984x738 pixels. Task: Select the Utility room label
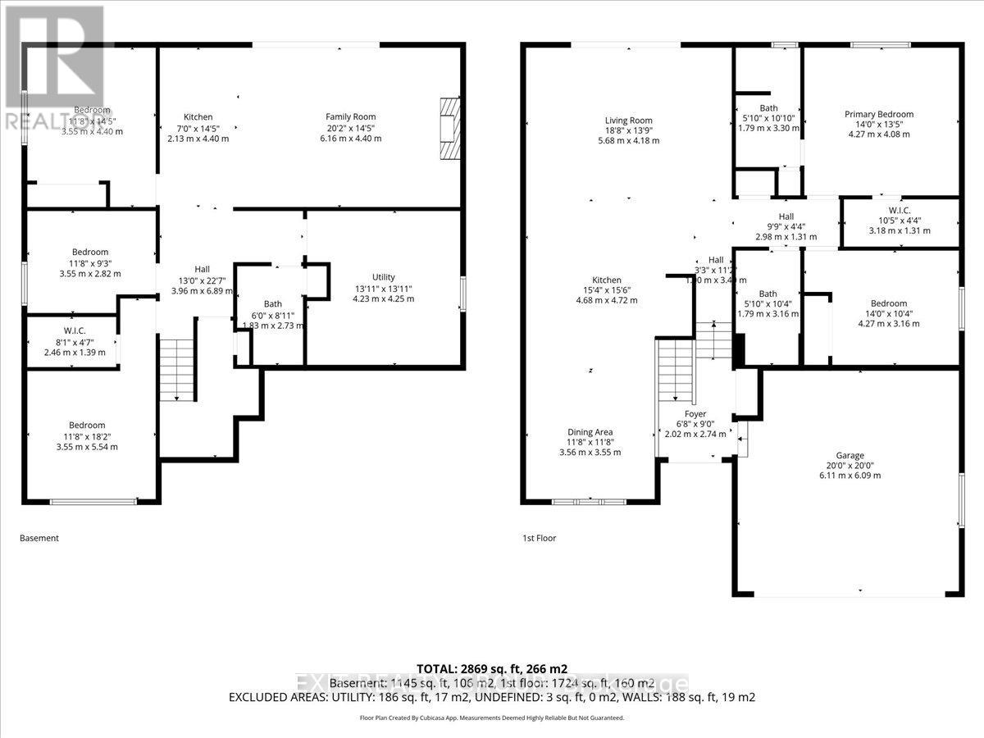click(383, 288)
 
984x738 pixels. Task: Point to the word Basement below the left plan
click(39, 539)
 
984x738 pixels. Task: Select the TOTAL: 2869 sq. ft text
click(492, 668)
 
